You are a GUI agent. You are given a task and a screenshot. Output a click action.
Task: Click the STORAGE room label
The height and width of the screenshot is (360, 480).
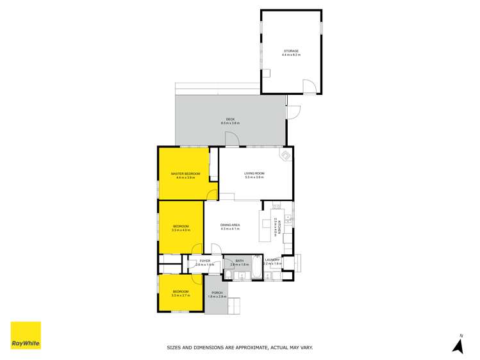pyautogui.click(x=291, y=51)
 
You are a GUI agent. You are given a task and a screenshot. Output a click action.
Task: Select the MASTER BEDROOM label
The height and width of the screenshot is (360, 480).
pyautogui.click(x=185, y=174)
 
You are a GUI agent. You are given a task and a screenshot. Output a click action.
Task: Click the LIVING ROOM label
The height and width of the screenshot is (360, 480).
pyautogui.click(x=254, y=174)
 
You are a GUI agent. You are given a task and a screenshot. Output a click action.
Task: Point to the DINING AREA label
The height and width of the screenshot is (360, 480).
pyautogui.click(x=229, y=225)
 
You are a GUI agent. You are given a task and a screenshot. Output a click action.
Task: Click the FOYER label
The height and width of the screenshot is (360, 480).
pyautogui.click(x=205, y=261)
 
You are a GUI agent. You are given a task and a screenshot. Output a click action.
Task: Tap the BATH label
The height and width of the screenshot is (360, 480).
pyautogui.click(x=239, y=261)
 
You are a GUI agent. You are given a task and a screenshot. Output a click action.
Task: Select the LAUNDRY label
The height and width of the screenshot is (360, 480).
pyautogui.click(x=272, y=260)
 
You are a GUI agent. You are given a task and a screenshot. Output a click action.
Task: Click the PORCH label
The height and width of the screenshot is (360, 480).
pyautogui.click(x=217, y=293)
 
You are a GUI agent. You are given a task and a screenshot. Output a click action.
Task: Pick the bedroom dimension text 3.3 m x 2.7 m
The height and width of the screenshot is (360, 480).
pyautogui.click(x=181, y=295)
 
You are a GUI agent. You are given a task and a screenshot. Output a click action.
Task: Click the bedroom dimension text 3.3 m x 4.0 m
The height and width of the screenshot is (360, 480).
pyautogui.click(x=181, y=230)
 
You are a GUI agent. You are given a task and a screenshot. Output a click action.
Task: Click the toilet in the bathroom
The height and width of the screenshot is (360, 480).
pyautogui.click(x=228, y=276)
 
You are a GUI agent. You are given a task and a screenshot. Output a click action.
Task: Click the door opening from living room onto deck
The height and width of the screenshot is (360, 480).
pyautogui.click(x=231, y=140)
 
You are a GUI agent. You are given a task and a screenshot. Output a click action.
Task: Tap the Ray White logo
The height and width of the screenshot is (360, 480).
pyautogui.click(x=26, y=336)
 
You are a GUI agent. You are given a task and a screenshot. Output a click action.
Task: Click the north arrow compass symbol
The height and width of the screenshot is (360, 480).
pyautogui.click(x=458, y=346)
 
